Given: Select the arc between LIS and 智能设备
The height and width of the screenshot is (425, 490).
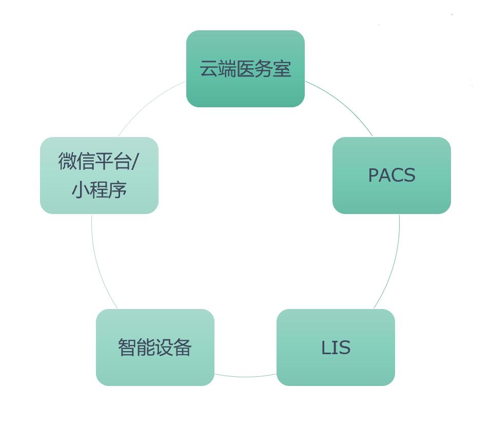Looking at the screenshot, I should click(x=245, y=377).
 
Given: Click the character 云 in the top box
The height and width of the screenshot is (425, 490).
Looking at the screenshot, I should click(x=208, y=69).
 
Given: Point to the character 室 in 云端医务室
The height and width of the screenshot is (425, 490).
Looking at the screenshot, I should click(x=283, y=69).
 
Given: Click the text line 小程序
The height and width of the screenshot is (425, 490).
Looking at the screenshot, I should click(x=99, y=190).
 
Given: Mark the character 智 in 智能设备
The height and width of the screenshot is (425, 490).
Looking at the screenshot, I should click(x=127, y=347).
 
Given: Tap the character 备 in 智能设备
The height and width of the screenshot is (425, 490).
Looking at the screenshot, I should click(x=183, y=347).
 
